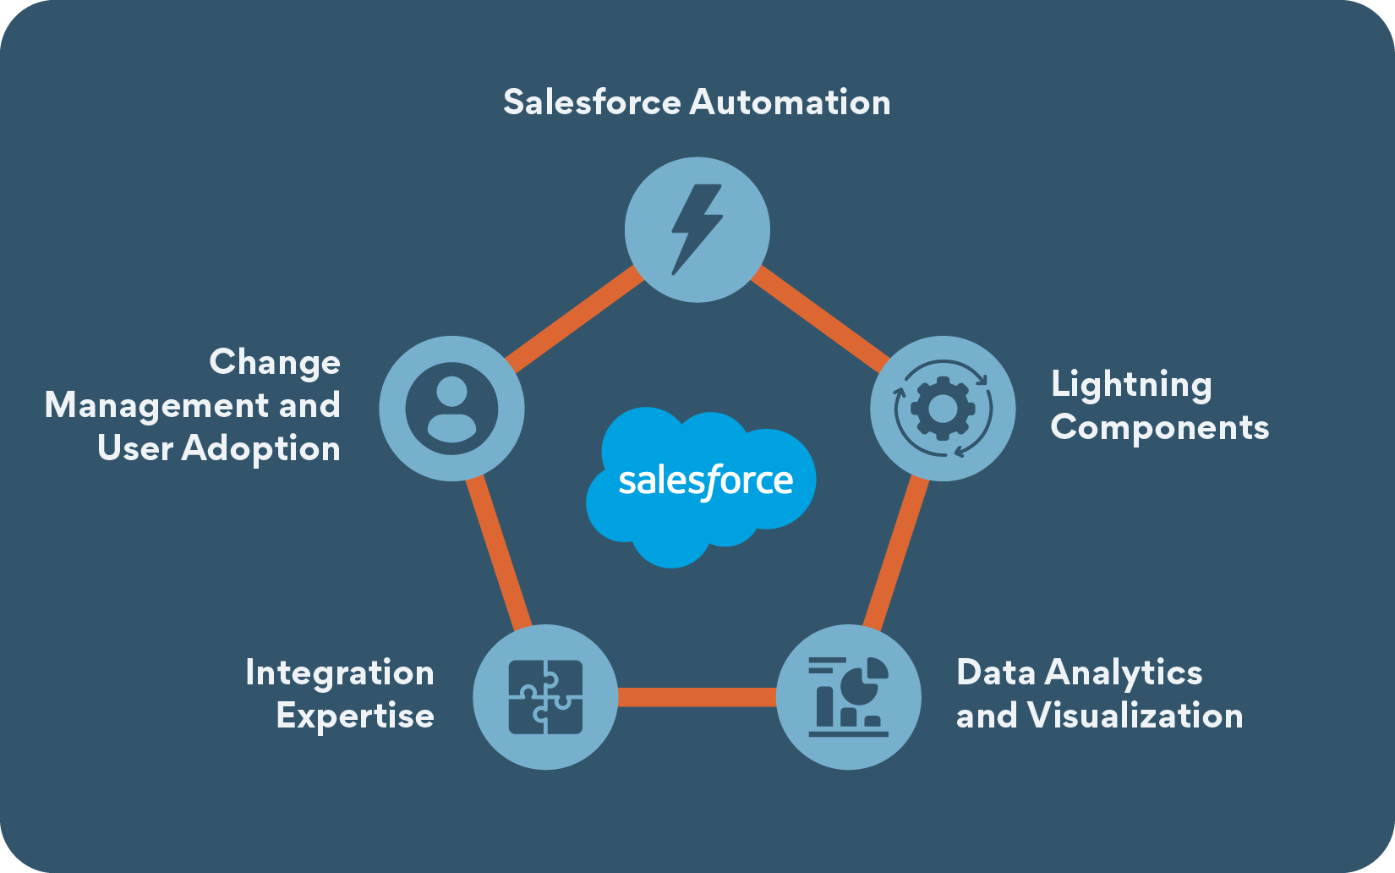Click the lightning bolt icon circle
pyautogui.click(x=697, y=229)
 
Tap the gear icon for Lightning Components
pyautogui.click(x=943, y=409)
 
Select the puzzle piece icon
pyautogui.click(x=545, y=696)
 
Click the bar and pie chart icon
pyautogui.click(x=848, y=696)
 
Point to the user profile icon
pyautogui.click(x=451, y=409)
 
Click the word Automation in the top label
pyautogui.click(x=790, y=102)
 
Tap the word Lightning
pyautogui.click(x=1131, y=385)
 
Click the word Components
pyautogui.click(x=1159, y=427)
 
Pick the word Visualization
pyautogui.click(x=1135, y=716)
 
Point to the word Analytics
pyautogui.click(x=1124, y=673)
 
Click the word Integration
pyautogui.click(x=340, y=673)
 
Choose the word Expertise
pyautogui.click(x=355, y=716)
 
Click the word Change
pyautogui.click(x=275, y=362)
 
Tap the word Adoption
pyautogui.click(x=260, y=448)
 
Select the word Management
pyautogui.click(x=156, y=405)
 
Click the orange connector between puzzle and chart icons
pyautogui.click(x=697, y=697)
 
